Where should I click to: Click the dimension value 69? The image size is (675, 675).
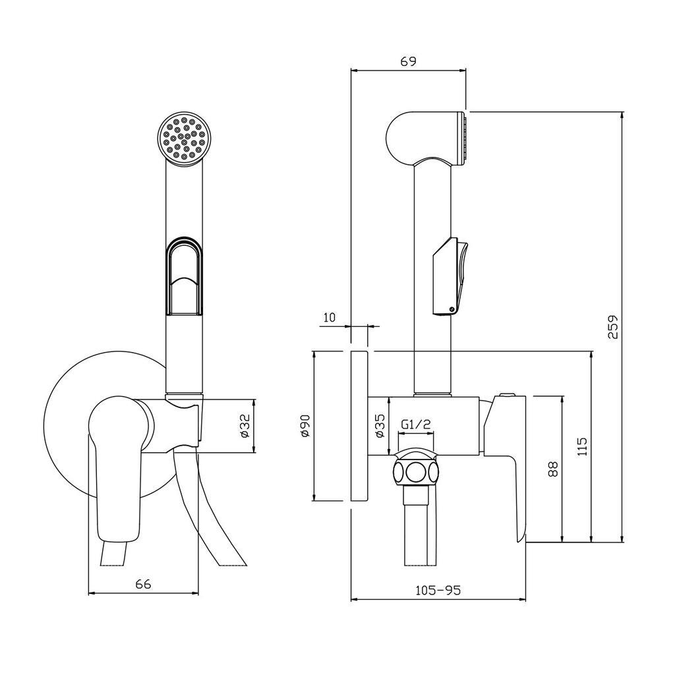coord(408,61)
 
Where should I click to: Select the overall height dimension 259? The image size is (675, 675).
coord(613,327)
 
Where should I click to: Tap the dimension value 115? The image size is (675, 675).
coord(582,447)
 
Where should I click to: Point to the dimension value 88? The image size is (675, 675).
coord(553,469)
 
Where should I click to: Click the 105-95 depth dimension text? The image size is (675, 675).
coord(438,590)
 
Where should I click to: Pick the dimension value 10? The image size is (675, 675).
coord(328,318)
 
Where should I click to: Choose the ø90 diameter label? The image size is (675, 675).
coord(305,426)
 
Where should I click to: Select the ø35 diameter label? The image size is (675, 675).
coord(380,426)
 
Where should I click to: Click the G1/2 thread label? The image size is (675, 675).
coord(416,425)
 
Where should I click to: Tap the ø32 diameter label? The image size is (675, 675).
coord(245,426)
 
